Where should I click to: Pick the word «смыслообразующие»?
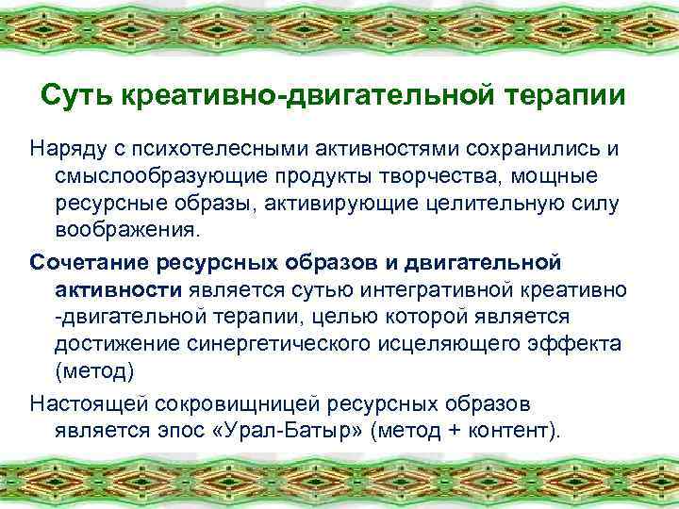[x=150, y=177]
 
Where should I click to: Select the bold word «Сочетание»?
[x=86, y=259]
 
